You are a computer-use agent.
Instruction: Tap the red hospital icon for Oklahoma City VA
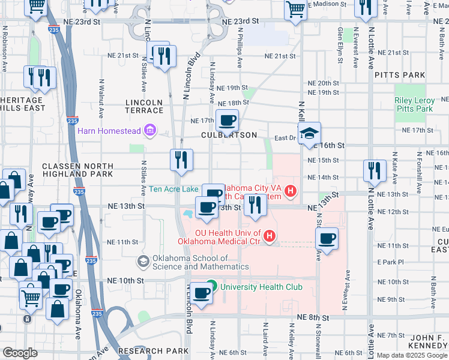(291, 191)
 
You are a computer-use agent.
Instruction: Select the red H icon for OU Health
(270, 236)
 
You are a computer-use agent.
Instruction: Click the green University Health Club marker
(211, 286)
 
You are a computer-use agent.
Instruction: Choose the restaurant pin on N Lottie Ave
(375, 170)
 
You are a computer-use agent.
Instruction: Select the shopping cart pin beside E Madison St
(295, 10)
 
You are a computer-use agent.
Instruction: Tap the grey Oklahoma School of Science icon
(143, 261)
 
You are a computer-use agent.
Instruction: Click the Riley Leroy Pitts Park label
(414, 105)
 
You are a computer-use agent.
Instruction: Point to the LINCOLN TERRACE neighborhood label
(144, 106)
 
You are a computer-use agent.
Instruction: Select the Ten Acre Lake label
(173, 189)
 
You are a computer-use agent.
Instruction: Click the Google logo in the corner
(20, 353)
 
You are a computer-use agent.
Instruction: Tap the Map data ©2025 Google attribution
(412, 355)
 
